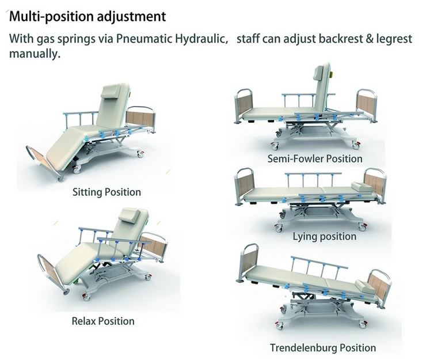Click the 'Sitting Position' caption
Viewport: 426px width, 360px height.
[x=106, y=192]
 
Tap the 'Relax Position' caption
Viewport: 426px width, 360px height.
[x=102, y=321]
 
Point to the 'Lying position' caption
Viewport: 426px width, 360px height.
[x=324, y=236]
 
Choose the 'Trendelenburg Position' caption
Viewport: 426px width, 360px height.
[x=322, y=347]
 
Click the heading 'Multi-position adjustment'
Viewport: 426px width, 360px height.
[x=87, y=16]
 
